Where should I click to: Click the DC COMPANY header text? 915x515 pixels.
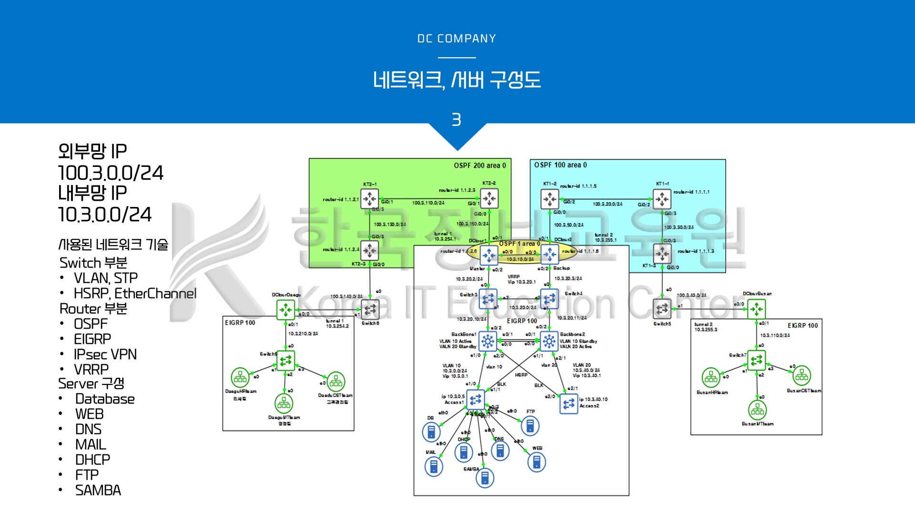click(x=457, y=39)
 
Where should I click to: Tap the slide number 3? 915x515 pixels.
click(x=457, y=120)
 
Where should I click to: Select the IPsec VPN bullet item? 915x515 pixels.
click(x=105, y=354)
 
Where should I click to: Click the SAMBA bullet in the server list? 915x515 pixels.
click(x=98, y=490)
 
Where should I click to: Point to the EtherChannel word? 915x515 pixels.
click(x=155, y=293)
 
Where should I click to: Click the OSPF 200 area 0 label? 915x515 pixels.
click(x=479, y=165)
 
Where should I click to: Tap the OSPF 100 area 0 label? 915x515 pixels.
click(x=560, y=165)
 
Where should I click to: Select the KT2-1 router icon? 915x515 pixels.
click(x=369, y=199)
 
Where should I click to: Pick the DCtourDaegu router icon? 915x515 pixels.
click(x=286, y=310)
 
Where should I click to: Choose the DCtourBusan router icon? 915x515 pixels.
click(x=757, y=309)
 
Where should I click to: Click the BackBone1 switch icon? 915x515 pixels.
click(x=488, y=341)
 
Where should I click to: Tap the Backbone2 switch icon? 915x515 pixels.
click(x=549, y=341)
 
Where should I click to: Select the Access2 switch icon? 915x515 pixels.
click(x=569, y=404)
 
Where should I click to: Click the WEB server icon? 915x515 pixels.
click(x=537, y=462)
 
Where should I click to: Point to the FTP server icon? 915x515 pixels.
click(x=530, y=426)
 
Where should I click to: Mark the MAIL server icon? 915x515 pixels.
click(x=433, y=466)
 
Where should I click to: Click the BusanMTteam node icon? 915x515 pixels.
click(x=757, y=410)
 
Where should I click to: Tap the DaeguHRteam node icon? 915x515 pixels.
click(x=240, y=378)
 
